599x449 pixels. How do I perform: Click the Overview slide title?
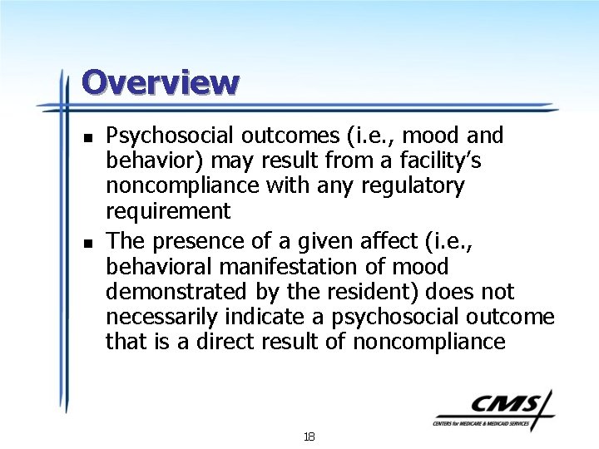pyautogui.click(x=160, y=82)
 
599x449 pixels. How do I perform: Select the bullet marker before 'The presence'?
pyautogui.click(x=87, y=242)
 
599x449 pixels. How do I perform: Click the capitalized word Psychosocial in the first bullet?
pyautogui.click(x=166, y=135)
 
